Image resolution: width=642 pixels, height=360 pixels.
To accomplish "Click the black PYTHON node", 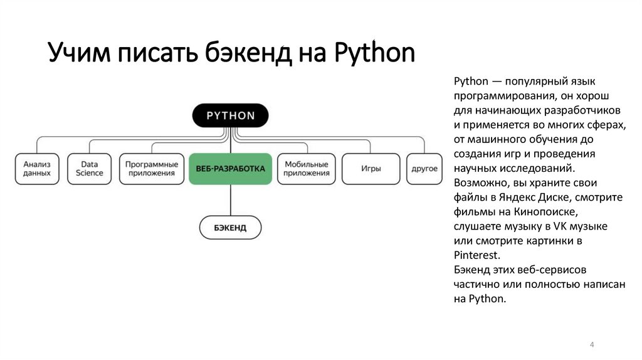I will tap(230, 115).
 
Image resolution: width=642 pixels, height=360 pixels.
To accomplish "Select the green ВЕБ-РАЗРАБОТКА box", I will tap(230, 169).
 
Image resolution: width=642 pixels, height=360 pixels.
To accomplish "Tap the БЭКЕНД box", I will tap(230, 227).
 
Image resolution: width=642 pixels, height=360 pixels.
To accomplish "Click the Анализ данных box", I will tap(37, 169).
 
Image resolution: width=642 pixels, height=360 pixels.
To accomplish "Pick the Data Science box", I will tap(89, 169).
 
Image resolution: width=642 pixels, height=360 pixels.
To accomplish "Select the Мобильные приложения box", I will tap(306, 169).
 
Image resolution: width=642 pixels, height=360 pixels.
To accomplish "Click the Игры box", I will tap(371, 169).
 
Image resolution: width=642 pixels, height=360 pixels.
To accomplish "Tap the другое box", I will tap(424, 169).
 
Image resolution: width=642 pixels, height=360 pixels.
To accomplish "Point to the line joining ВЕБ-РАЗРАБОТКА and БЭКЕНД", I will tap(231, 199).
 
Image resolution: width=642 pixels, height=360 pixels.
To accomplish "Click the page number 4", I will tap(592, 345).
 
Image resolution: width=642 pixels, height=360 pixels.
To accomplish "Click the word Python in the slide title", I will tap(374, 54).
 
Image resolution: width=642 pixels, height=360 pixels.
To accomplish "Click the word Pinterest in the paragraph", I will tap(476, 255).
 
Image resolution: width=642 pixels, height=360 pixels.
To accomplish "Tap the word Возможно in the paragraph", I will tap(479, 183).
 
